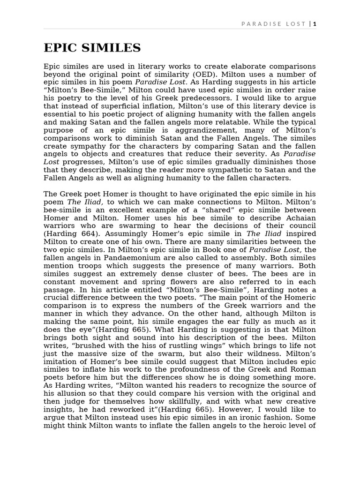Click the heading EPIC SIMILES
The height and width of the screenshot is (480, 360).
coord(92,48)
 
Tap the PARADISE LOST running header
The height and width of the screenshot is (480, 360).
coord(273,24)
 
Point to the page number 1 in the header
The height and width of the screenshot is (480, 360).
coord(315,24)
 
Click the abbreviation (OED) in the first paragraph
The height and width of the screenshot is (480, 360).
coord(204,75)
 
